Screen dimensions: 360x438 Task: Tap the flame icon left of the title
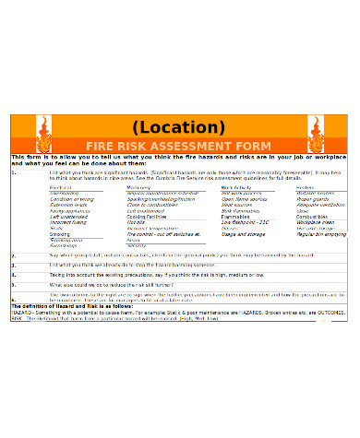[x=43, y=134]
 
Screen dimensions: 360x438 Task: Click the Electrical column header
[x=60, y=187]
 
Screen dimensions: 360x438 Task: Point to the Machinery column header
[x=138, y=187]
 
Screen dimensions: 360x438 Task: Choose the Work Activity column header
[x=236, y=187]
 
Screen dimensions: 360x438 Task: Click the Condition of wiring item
[x=71, y=198]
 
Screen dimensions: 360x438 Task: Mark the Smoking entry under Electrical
[x=59, y=234]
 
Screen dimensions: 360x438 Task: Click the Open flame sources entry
[x=243, y=198]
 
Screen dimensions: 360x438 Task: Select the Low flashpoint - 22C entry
[x=245, y=222]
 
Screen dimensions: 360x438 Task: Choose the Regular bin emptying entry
[x=321, y=234]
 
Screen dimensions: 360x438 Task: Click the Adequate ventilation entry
[x=321, y=204]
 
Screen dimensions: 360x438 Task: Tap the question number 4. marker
[x=13, y=275]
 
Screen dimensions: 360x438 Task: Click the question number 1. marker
[x=13, y=172]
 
